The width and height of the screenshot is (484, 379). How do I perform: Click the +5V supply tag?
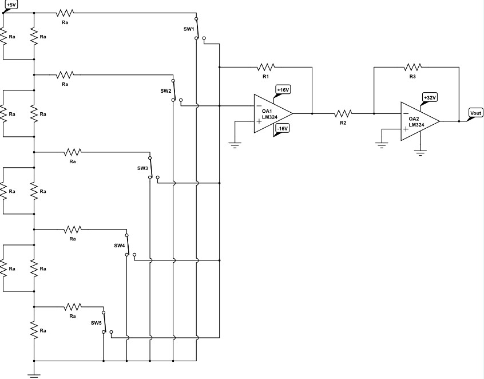click(11, 5)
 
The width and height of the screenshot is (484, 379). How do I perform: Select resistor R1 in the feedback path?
click(266, 66)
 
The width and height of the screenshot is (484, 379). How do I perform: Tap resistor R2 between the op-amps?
click(343, 113)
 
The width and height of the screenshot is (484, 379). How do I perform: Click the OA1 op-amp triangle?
click(272, 113)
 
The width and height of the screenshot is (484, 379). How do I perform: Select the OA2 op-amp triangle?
click(419, 121)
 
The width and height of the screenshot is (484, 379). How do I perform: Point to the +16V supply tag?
click(283, 90)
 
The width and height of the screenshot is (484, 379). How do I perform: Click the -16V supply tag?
click(282, 129)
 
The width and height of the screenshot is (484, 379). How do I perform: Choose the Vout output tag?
click(476, 113)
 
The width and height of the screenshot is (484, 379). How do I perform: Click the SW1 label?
click(189, 29)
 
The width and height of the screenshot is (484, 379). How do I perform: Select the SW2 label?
click(165, 91)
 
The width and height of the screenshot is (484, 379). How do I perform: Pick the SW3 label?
click(142, 168)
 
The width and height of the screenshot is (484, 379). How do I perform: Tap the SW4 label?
click(119, 245)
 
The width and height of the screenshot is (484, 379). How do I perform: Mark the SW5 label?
click(96, 322)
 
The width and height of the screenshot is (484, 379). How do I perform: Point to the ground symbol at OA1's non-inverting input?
click(235, 144)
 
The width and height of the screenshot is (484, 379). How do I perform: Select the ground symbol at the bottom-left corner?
click(34, 374)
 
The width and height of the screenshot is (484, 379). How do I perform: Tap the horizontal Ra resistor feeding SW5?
click(73, 306)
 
